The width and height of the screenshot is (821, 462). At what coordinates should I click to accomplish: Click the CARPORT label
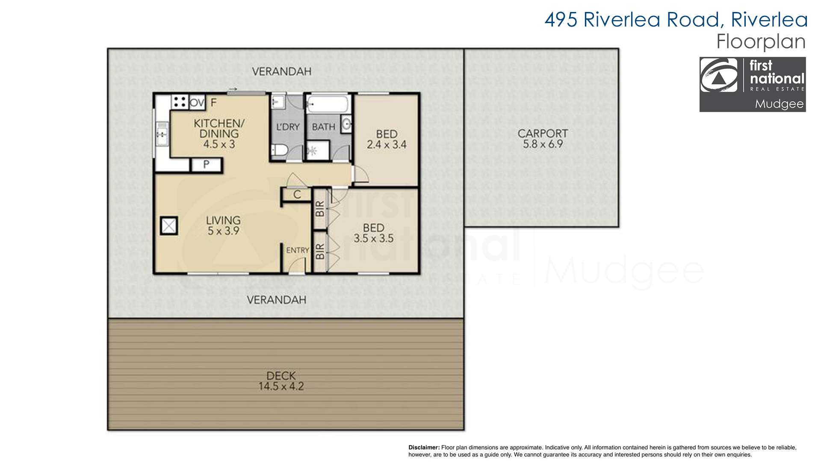543,133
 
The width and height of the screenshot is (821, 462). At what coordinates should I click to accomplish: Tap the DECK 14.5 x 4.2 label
281,381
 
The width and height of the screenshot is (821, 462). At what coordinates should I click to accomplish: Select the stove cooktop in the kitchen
180,102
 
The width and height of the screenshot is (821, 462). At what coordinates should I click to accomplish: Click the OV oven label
197,103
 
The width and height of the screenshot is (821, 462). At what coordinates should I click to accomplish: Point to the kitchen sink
162,134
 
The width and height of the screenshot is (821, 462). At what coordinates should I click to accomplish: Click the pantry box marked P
207,165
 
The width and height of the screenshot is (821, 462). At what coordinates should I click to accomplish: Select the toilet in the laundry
280,150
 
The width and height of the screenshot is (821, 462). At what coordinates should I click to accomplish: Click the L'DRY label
288,127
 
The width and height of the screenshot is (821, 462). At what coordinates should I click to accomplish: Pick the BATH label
324,127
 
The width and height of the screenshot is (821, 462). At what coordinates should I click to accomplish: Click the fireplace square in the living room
169,225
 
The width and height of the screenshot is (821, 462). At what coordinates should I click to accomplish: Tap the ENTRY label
297,250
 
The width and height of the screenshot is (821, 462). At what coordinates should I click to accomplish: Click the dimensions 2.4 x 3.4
387,145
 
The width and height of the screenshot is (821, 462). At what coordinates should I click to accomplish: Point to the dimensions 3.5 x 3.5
373,239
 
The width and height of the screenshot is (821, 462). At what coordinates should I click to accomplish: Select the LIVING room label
223,220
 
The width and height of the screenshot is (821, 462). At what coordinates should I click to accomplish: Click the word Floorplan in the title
761,41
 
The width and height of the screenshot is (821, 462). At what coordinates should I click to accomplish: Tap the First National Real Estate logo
753,84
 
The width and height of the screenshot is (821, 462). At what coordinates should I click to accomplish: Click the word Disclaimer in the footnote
424,447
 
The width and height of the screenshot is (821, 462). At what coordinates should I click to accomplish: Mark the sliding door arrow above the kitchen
233,89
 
